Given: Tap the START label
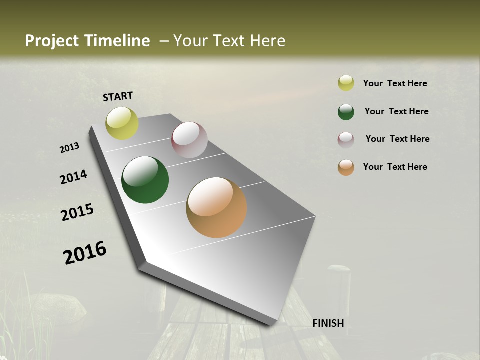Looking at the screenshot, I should tap(118, 96).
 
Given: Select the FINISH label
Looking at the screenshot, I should tap(328, 323).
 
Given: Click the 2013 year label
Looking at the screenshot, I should tap(69, 148).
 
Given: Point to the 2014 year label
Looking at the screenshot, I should tap(73, 177).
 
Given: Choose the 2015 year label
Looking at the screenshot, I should tap(77, 212).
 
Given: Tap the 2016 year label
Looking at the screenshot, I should tap(85, 253).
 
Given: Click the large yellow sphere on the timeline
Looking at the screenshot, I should tap(122, 123).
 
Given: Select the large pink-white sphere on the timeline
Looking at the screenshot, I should tap(189, 140).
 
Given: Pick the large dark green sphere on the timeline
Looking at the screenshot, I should tap(145, 180).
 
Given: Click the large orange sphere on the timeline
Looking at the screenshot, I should tap(216, 207).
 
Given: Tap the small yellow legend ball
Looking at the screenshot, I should tap(346, 83).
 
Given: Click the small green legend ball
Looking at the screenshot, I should tap(346, 112).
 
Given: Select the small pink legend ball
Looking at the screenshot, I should tap(346, 140).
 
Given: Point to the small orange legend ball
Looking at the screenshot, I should tap(346, 168).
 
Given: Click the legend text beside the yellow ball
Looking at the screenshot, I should tap(395, 83).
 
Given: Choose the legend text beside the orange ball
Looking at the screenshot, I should tap(395, 167).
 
